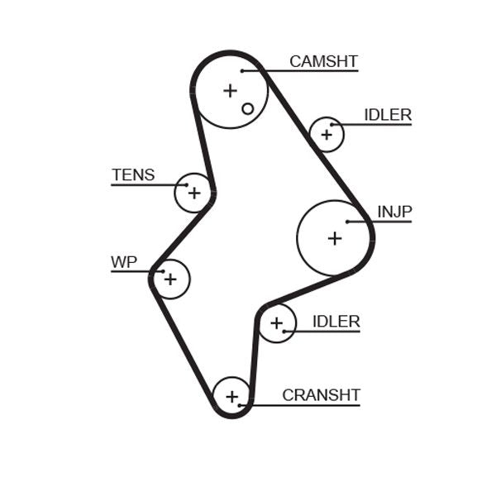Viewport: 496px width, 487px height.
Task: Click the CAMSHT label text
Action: tap(323, 62)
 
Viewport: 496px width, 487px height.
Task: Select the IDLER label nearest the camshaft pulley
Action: tap(387, 115)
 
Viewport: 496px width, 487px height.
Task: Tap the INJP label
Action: tap(394, 212)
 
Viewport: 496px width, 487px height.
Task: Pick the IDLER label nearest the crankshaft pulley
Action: tap(336, 322)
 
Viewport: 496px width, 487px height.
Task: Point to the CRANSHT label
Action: tap(321, 395)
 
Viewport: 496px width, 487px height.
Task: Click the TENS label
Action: tap(133, 174)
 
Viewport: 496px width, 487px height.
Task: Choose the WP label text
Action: tap(123, 262)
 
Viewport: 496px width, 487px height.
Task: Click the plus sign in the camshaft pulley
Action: tap(230, 90)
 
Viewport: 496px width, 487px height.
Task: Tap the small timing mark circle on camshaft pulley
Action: tap(247, 108)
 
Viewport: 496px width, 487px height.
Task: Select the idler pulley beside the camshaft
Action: tap(327, 134)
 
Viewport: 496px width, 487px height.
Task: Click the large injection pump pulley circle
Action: tap(334, 238)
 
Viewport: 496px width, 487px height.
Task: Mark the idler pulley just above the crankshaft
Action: tap(277, 323)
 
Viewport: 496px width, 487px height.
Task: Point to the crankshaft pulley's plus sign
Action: tap(231, 396)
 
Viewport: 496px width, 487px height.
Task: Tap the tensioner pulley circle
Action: tap(193, 193)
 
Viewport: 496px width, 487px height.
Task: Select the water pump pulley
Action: tap(170, 279)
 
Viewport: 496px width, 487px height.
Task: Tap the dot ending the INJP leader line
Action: tap(347, 222)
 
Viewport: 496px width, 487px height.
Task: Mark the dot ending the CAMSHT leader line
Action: tap(241, 71)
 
